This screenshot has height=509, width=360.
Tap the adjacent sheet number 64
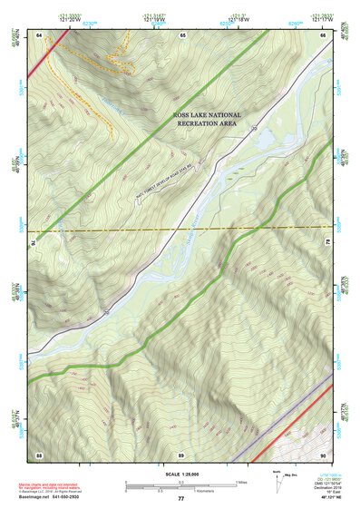(39, 34)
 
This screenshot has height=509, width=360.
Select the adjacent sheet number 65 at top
(182, 34)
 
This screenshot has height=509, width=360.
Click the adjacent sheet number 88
(39, 454)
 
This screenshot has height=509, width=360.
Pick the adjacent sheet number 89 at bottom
(181, 454)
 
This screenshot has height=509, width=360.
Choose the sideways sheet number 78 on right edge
(328, 243)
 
